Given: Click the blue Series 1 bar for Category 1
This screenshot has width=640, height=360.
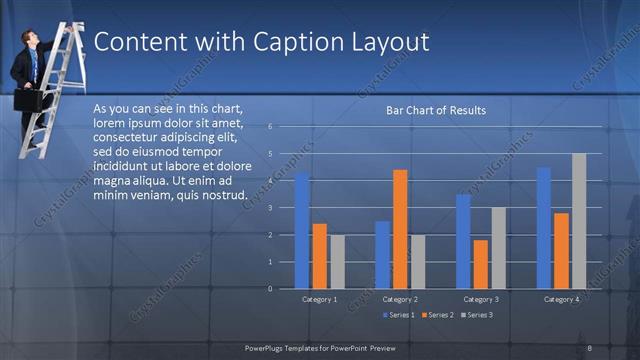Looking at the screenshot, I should coord(302,231).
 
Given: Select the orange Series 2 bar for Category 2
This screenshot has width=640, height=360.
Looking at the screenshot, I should coord(400,229).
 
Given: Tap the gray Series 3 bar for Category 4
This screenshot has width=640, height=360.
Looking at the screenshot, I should coord(579,221).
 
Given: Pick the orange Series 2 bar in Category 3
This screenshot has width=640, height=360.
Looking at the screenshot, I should coord(481,264).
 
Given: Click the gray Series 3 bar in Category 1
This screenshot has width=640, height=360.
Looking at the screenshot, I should coord(337,261).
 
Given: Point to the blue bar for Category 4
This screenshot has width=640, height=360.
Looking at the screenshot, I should coord(544,228).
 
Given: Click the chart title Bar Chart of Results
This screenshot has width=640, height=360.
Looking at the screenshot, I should coord(436,110).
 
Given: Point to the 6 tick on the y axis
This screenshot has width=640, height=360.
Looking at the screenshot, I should coord(270,127).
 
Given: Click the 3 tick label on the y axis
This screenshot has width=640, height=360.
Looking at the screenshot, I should coord(270,208).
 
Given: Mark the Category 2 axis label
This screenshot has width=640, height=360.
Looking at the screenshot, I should coord(400,299).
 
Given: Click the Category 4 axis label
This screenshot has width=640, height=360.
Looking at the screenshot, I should coord(562,299).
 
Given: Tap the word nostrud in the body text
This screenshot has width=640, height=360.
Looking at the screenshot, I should coord(224,194).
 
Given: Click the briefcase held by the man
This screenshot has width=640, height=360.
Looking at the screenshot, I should coord(27,101).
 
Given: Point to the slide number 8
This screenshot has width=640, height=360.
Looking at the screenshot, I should coord(590,347).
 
